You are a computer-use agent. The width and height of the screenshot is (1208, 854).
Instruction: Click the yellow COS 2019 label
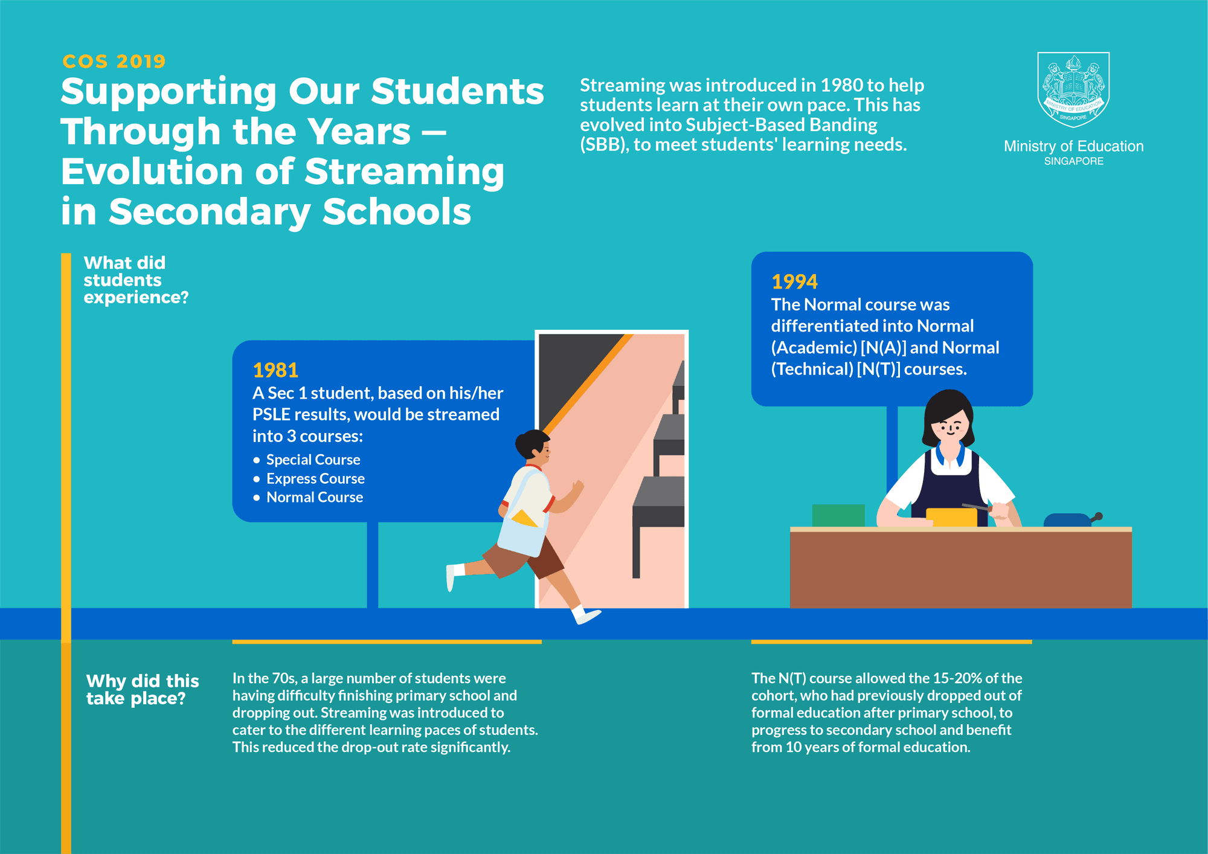(114, 61)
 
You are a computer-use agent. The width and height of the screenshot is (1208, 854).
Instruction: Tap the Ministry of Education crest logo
(1073, 89)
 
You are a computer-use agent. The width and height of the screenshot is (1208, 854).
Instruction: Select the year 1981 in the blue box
(275, 370)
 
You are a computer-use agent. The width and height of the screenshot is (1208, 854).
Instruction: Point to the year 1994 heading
(794, 281)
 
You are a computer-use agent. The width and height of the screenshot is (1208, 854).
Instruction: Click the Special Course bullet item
(313, 460)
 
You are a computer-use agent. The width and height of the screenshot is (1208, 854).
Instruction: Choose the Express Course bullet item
(315, 478)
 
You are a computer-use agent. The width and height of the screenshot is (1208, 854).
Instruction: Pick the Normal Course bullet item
(315, 497)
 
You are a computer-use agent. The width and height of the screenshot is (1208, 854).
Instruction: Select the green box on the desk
(838, 515)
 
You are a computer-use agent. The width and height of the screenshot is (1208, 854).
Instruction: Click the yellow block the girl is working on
(951, 517)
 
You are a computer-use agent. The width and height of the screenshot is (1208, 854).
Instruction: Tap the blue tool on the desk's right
(1068, 519)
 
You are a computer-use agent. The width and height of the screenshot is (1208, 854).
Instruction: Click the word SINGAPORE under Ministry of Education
(1073, 161)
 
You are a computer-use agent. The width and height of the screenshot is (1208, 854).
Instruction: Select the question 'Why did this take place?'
(142, 689)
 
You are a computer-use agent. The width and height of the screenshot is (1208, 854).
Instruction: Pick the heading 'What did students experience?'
(135, 280)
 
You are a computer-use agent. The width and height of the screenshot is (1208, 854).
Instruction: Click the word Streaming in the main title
(404, 172)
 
